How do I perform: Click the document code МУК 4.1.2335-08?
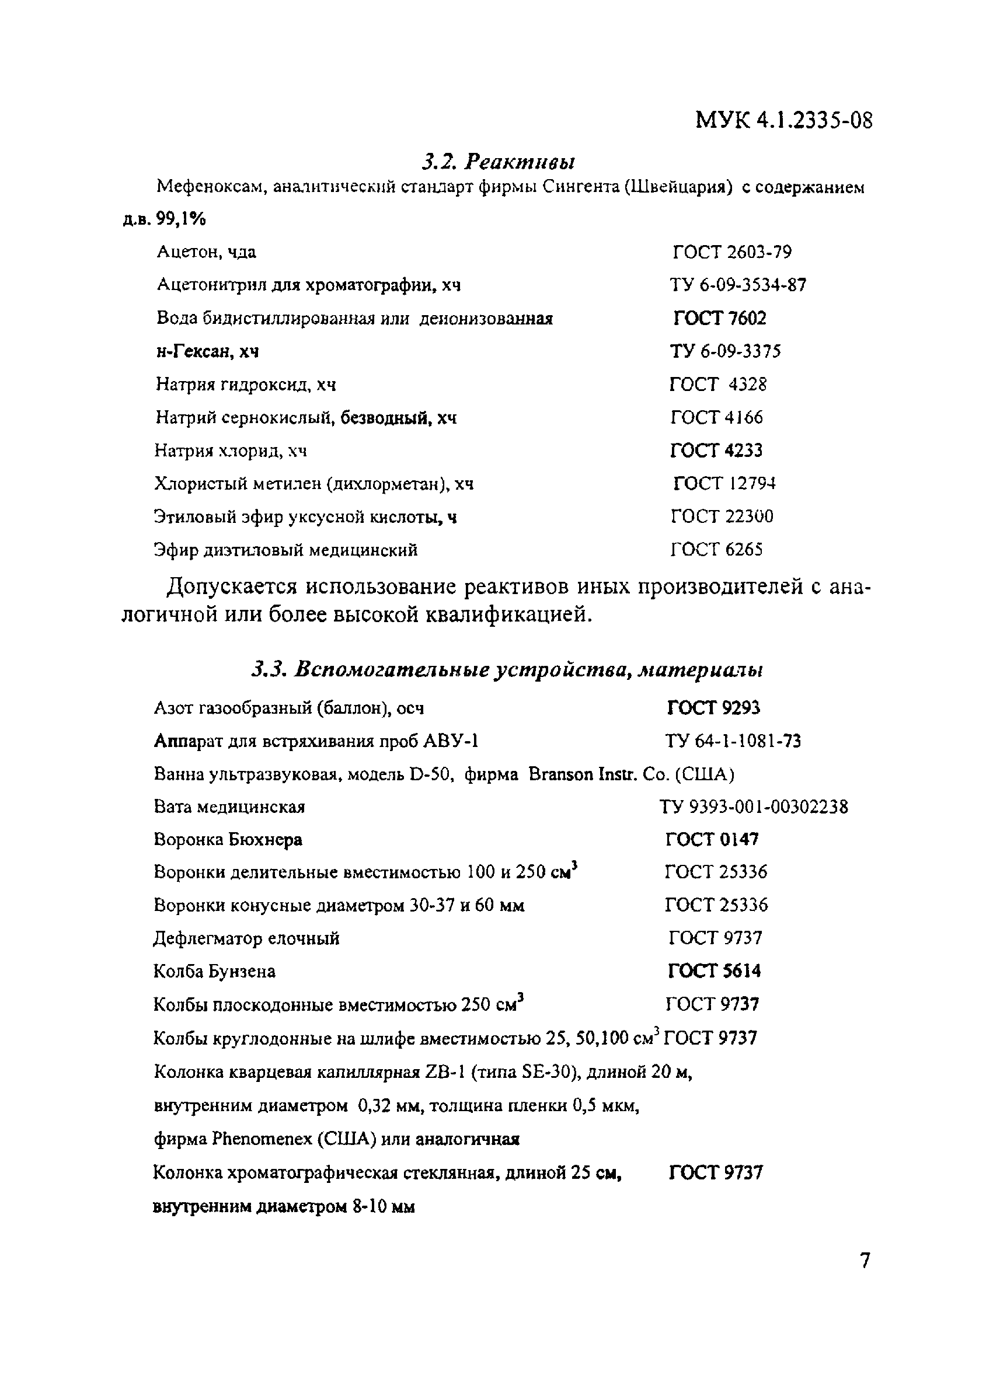click(783, 120)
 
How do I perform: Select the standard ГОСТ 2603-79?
click(731, 252)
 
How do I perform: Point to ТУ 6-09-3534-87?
click(738, 285)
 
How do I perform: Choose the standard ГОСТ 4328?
click(717, 384)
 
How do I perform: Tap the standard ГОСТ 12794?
click(724, 484)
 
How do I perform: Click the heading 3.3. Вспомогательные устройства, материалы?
click(507, 669)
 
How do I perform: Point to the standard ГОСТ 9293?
click(713, 708)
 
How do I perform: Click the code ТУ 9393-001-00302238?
click(753, 807)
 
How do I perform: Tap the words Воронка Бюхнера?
click(228, 840)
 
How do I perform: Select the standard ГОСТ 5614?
click(714, 971)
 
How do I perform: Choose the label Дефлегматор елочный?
click(246, 938)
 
